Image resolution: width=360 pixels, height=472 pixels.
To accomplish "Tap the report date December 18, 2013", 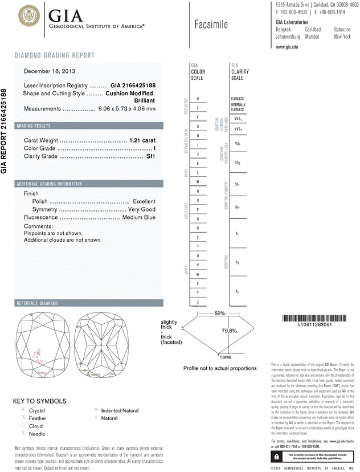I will (x=50, y=71).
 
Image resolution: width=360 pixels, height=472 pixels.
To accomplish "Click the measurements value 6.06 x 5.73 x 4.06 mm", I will (x=127, y=108).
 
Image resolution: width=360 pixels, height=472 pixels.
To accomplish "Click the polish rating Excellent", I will (x=144, y=201).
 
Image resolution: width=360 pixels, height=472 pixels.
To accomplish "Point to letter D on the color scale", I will (x=197, y=99).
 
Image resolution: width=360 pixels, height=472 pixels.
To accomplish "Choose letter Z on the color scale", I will (x=197, y=302).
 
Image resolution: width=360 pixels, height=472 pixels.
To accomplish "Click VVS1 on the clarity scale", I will (x=238, y=119).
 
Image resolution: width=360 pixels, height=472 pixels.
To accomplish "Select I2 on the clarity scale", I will (x=238, y=262).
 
